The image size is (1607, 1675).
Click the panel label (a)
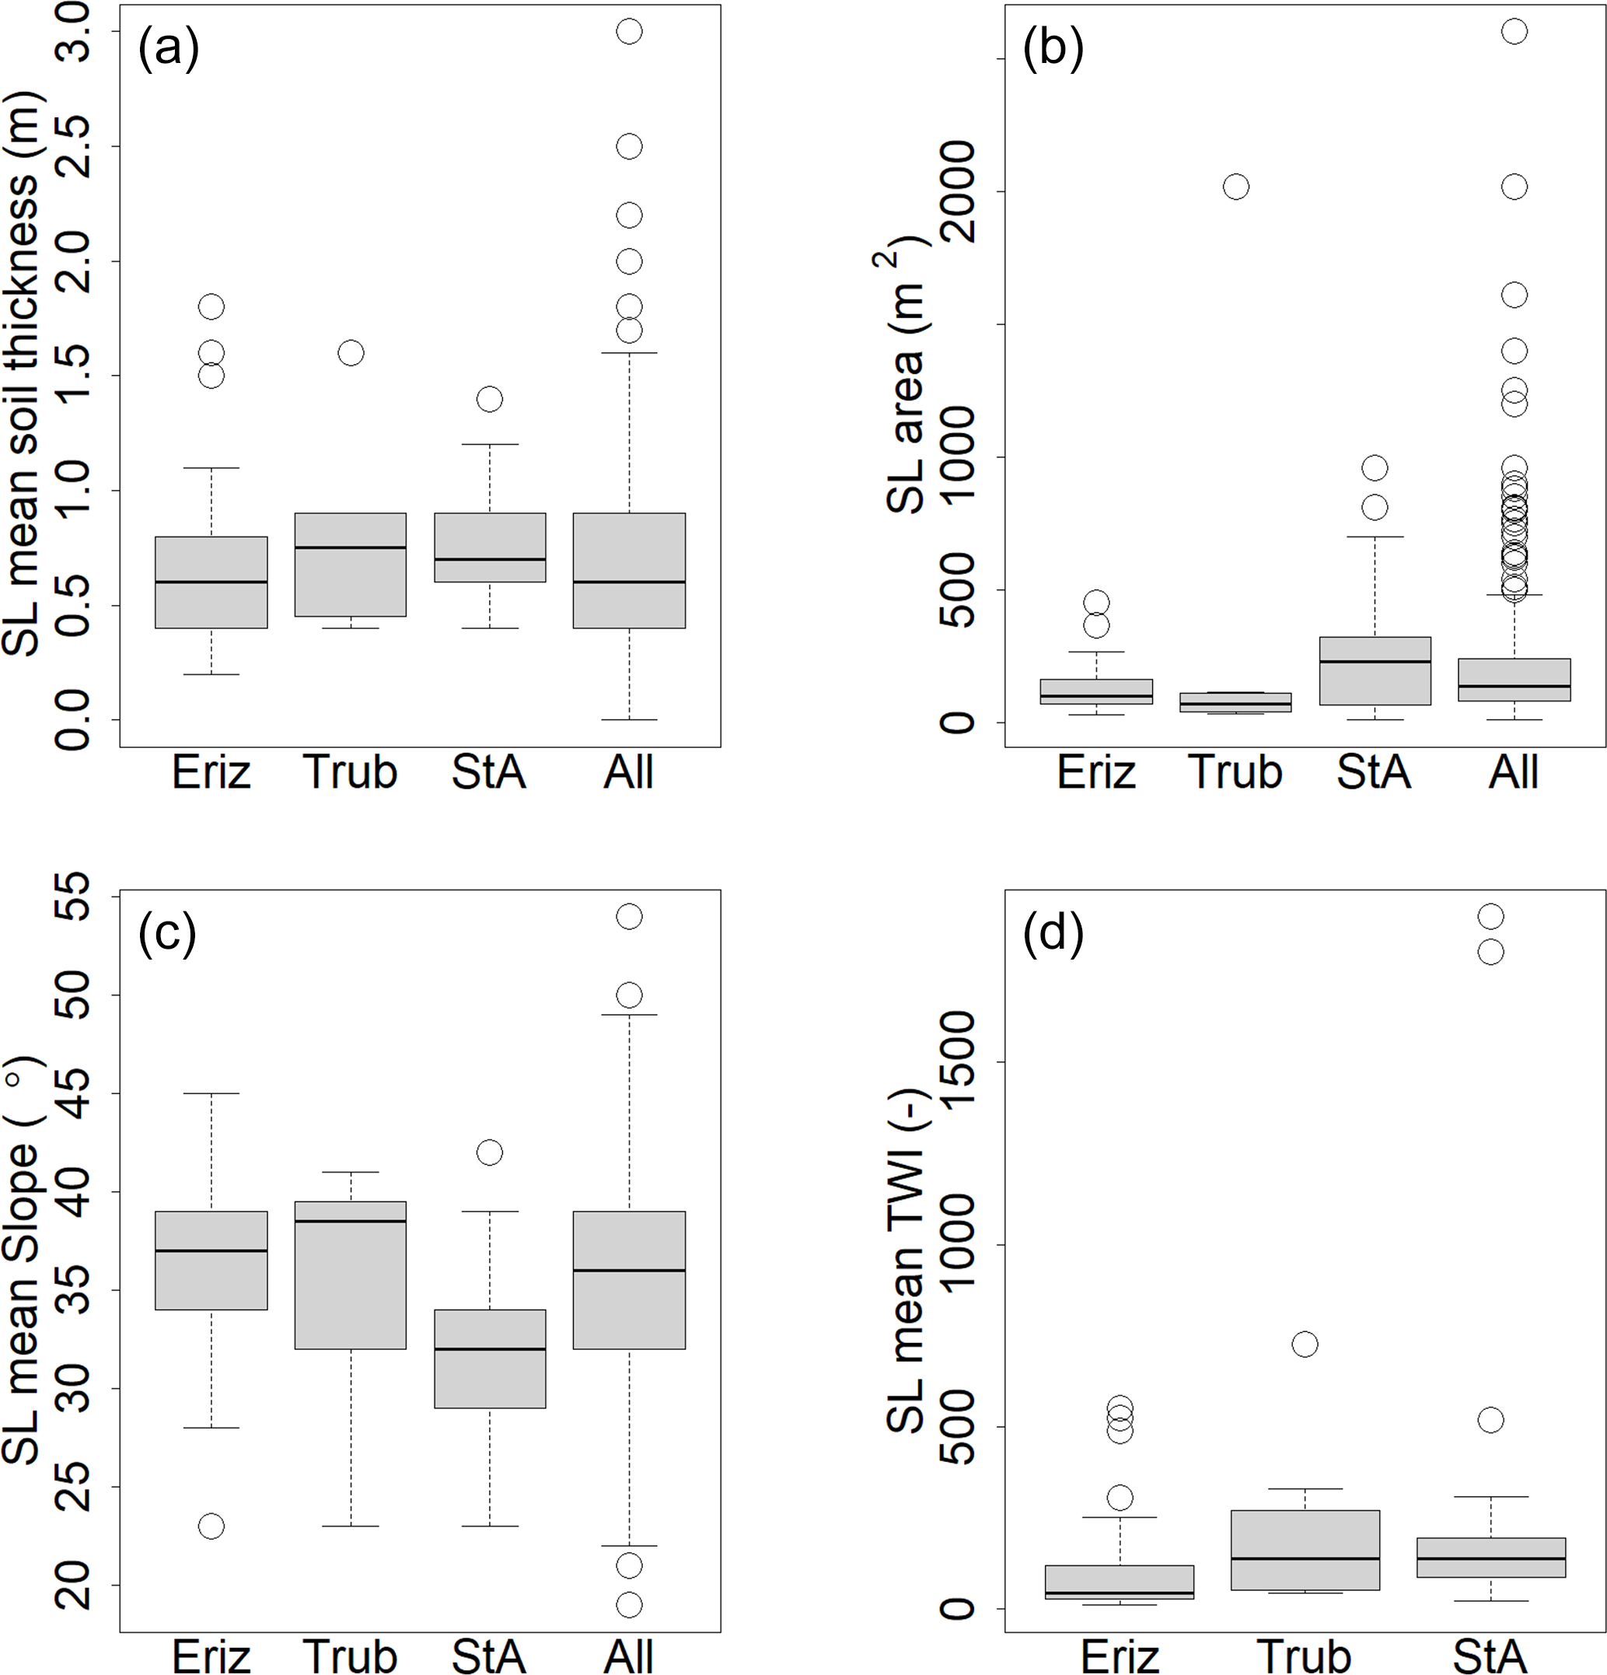(168, 49)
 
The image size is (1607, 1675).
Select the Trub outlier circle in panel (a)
(351, 353)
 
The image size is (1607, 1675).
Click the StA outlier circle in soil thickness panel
(490, 399)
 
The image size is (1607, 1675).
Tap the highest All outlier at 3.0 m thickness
(630, 32)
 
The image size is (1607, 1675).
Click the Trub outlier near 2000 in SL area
(1236, 187)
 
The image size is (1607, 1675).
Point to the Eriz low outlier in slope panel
(211, 1526)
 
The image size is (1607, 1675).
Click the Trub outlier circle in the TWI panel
(1305, 1345)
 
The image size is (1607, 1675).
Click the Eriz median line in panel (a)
(211, 582)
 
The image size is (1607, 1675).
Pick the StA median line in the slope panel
(490, 1349)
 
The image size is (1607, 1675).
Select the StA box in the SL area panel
(1375, 671)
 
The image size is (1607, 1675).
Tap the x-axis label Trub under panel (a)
(351, 772)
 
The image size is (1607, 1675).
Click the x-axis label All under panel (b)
(1514, 772)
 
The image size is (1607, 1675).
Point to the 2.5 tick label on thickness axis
(72, 146)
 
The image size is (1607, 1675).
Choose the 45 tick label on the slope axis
(72, 1094)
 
